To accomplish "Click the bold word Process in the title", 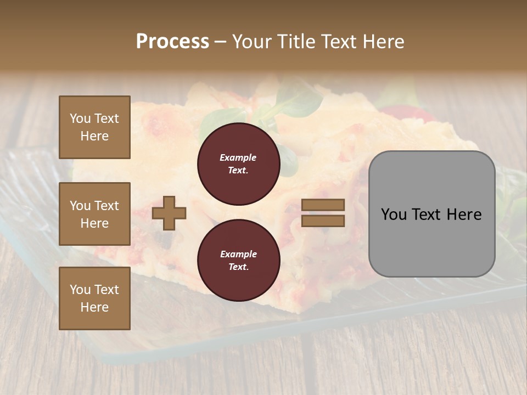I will click(172, 41).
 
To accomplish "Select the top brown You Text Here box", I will click(94, 127).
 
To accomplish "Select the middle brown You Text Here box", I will click(94, 214).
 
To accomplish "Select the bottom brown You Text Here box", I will click(94, 298).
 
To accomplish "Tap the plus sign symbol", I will click(169, 213).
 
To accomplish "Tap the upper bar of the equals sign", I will click(323, 205).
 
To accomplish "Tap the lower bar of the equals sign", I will click(323, 221).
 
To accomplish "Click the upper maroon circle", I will click(238, 164).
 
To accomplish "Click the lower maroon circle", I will click(238, 261).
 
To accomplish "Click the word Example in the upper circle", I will click(238, 157).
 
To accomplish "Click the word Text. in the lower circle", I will click(238, 267).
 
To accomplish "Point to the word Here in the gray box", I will click(464, 215).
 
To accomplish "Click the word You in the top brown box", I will click(80, 119).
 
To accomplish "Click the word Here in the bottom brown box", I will click(94, 307).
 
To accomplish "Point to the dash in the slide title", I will click(220, 42).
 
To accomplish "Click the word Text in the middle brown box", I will click(106, 206).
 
